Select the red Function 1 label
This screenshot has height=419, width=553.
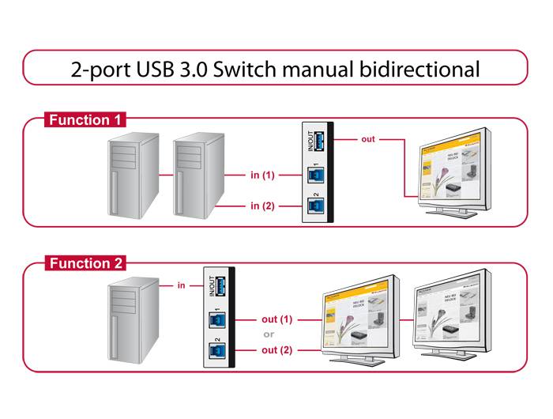tap(85, 120)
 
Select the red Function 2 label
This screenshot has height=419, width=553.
tap(85, 263)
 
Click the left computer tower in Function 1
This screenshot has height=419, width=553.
tap(133, 175)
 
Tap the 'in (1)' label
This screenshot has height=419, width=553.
tap(262, 175)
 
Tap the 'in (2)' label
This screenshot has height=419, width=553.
tap(262, 206)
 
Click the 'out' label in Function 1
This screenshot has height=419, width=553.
tap(368, 140)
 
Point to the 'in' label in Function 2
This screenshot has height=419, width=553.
tap(181, 285)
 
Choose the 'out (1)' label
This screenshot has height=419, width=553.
tap(276, 319)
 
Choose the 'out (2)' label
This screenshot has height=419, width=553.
tap(276, 349)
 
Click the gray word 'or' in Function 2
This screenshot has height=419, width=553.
tap(269, 334)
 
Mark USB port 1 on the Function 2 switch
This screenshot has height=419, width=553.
tap(215, 320)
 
